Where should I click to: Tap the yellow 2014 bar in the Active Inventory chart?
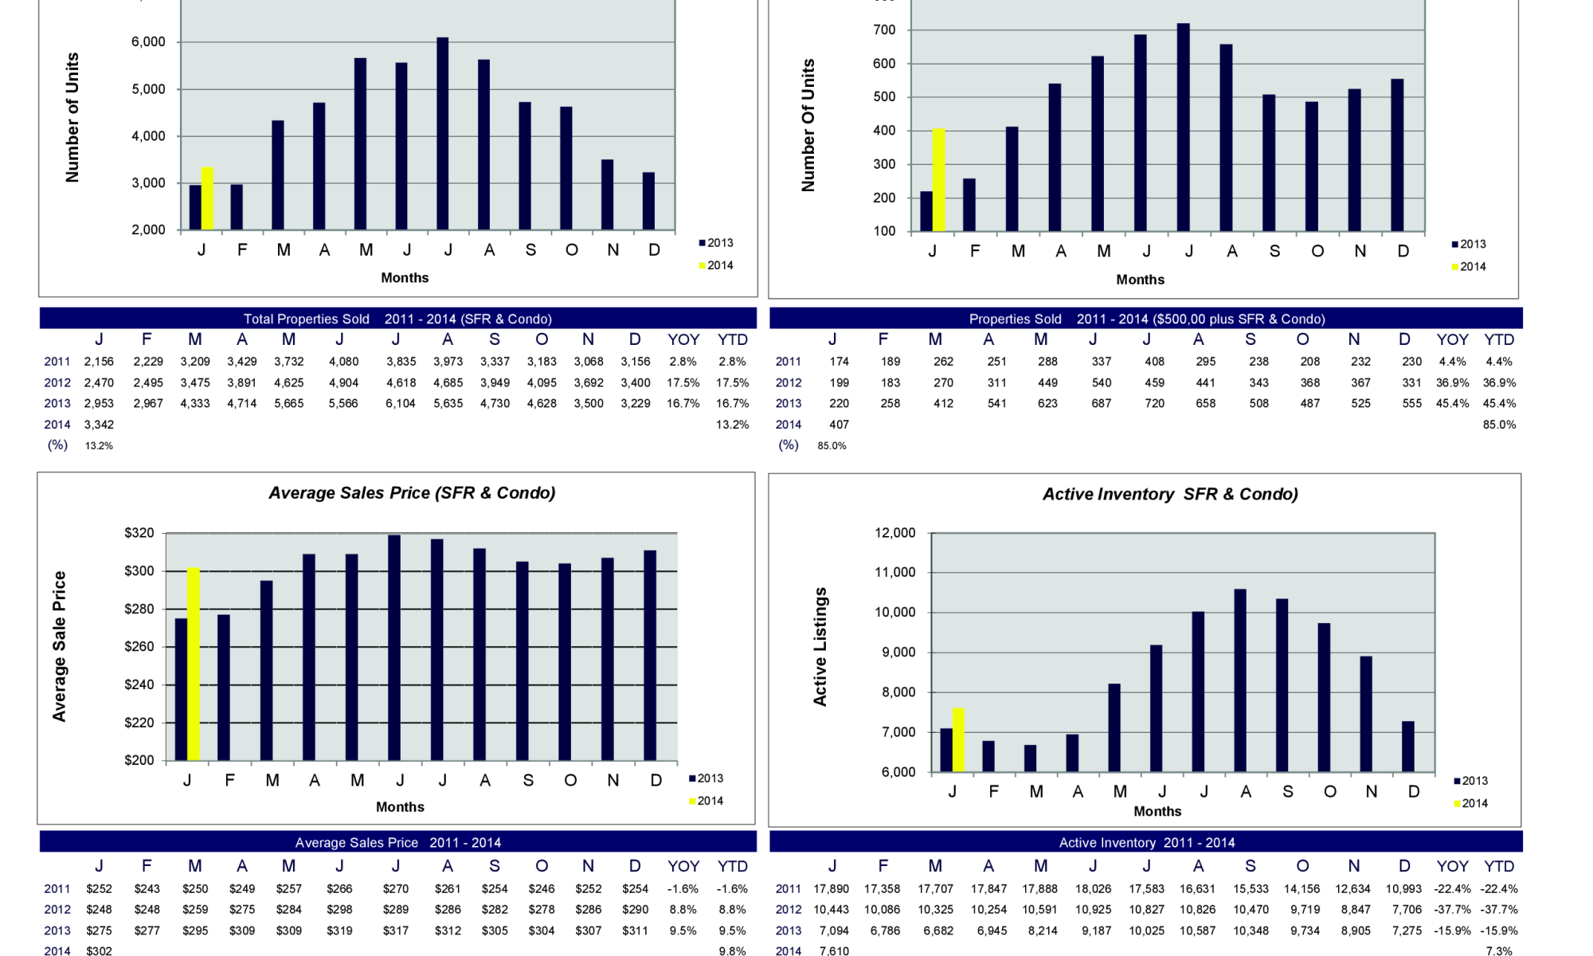958,740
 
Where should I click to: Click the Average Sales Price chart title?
412,493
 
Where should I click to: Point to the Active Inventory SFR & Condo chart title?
1170,495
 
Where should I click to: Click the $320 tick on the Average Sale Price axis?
139,533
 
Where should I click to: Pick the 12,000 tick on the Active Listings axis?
895,533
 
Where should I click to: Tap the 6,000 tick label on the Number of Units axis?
148,42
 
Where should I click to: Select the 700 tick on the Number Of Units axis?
884,30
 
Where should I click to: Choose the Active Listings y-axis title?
820,646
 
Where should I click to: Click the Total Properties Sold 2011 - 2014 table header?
397,319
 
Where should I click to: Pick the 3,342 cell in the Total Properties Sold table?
99,425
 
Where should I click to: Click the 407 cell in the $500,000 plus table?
839,425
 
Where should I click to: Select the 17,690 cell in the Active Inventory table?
832,888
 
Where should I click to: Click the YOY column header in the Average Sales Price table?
683,866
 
